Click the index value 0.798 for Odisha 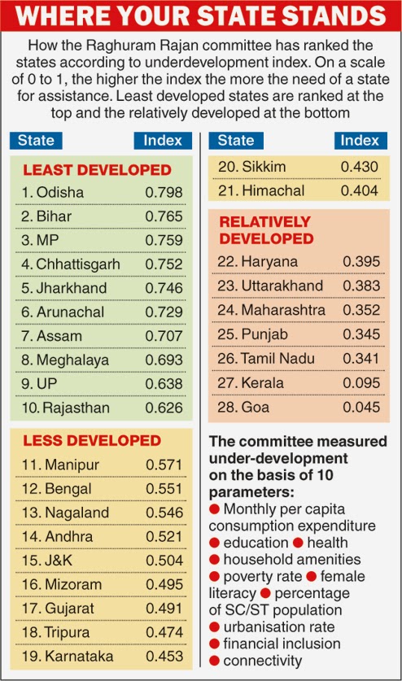(x=164, y=192)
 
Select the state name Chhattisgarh (x=78, y=264)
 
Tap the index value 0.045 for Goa (x=361, y=407)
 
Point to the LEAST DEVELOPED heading (x=98, y=170)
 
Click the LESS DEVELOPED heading (x=92, y=440)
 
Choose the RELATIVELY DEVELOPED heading (x=266, y=230)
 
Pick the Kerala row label (x=262, y=382)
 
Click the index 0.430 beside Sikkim (x=359, y=167)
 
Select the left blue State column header (x=36, y=141)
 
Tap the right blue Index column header (x=360, y=141)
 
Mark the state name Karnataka (x=79, y=657)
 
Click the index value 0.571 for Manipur (x=164, y=465)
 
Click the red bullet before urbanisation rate (x=214, y=627)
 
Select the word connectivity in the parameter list (x=263, y=661)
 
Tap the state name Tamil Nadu (x=277, y=358)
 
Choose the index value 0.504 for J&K (x=164, y=561)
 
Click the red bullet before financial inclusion (x=214, y=644)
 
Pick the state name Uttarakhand (x=282, y=286)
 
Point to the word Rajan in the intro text (x=179, y=46)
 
